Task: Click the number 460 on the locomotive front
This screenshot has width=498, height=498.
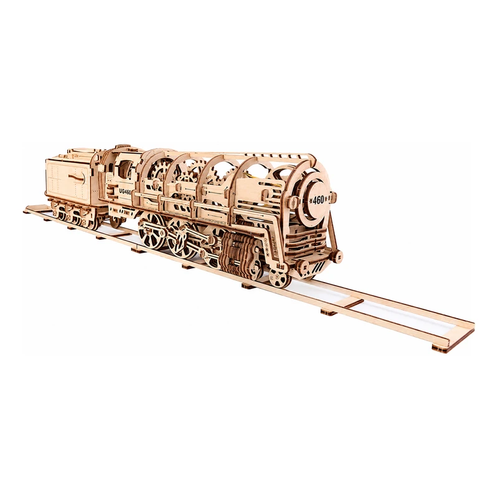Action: (318, 200)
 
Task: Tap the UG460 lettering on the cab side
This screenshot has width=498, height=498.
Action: (125, 191)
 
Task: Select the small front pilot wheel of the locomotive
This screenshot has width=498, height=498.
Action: (278, 278)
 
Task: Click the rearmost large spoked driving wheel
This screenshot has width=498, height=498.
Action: (151, 232)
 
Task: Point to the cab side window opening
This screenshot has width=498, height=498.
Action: (125, 169)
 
